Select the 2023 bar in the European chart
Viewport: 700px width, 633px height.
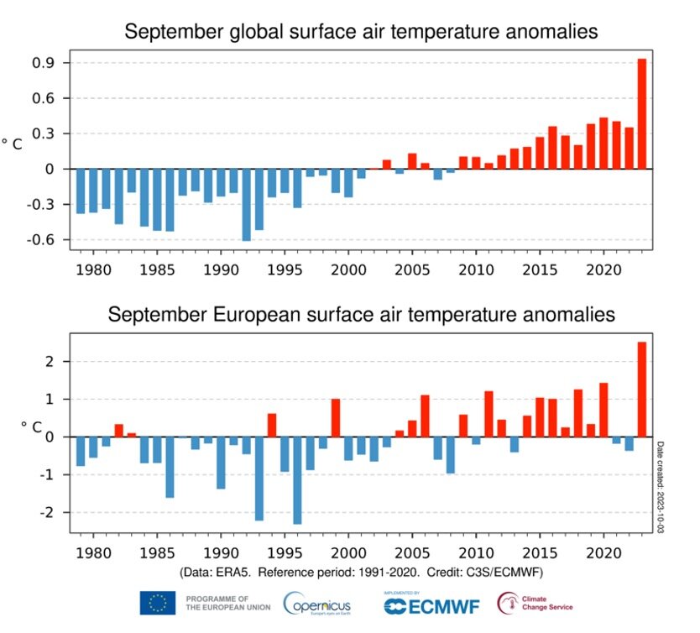[x=642, y=390]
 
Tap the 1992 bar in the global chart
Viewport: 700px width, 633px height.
[x=246, y=205]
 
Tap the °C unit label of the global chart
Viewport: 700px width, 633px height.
[x=12, y=144]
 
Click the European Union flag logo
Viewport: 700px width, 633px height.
[x=157, y=602]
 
